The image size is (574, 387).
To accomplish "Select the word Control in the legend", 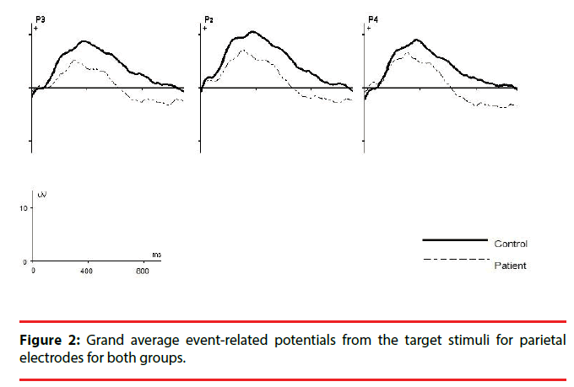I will click(511, 244).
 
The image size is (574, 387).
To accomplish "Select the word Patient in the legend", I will click(509, 265).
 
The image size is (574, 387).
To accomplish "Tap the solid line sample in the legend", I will click(454, 240).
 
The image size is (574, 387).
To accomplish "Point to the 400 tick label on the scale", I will click(86, 271).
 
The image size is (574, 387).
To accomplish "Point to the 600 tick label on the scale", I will click(142, 271).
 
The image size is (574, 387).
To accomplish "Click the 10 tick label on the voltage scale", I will click(24, 207).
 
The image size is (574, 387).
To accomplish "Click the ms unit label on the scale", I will click(157, 254).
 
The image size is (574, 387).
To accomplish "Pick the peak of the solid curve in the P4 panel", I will click(416, 40).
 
